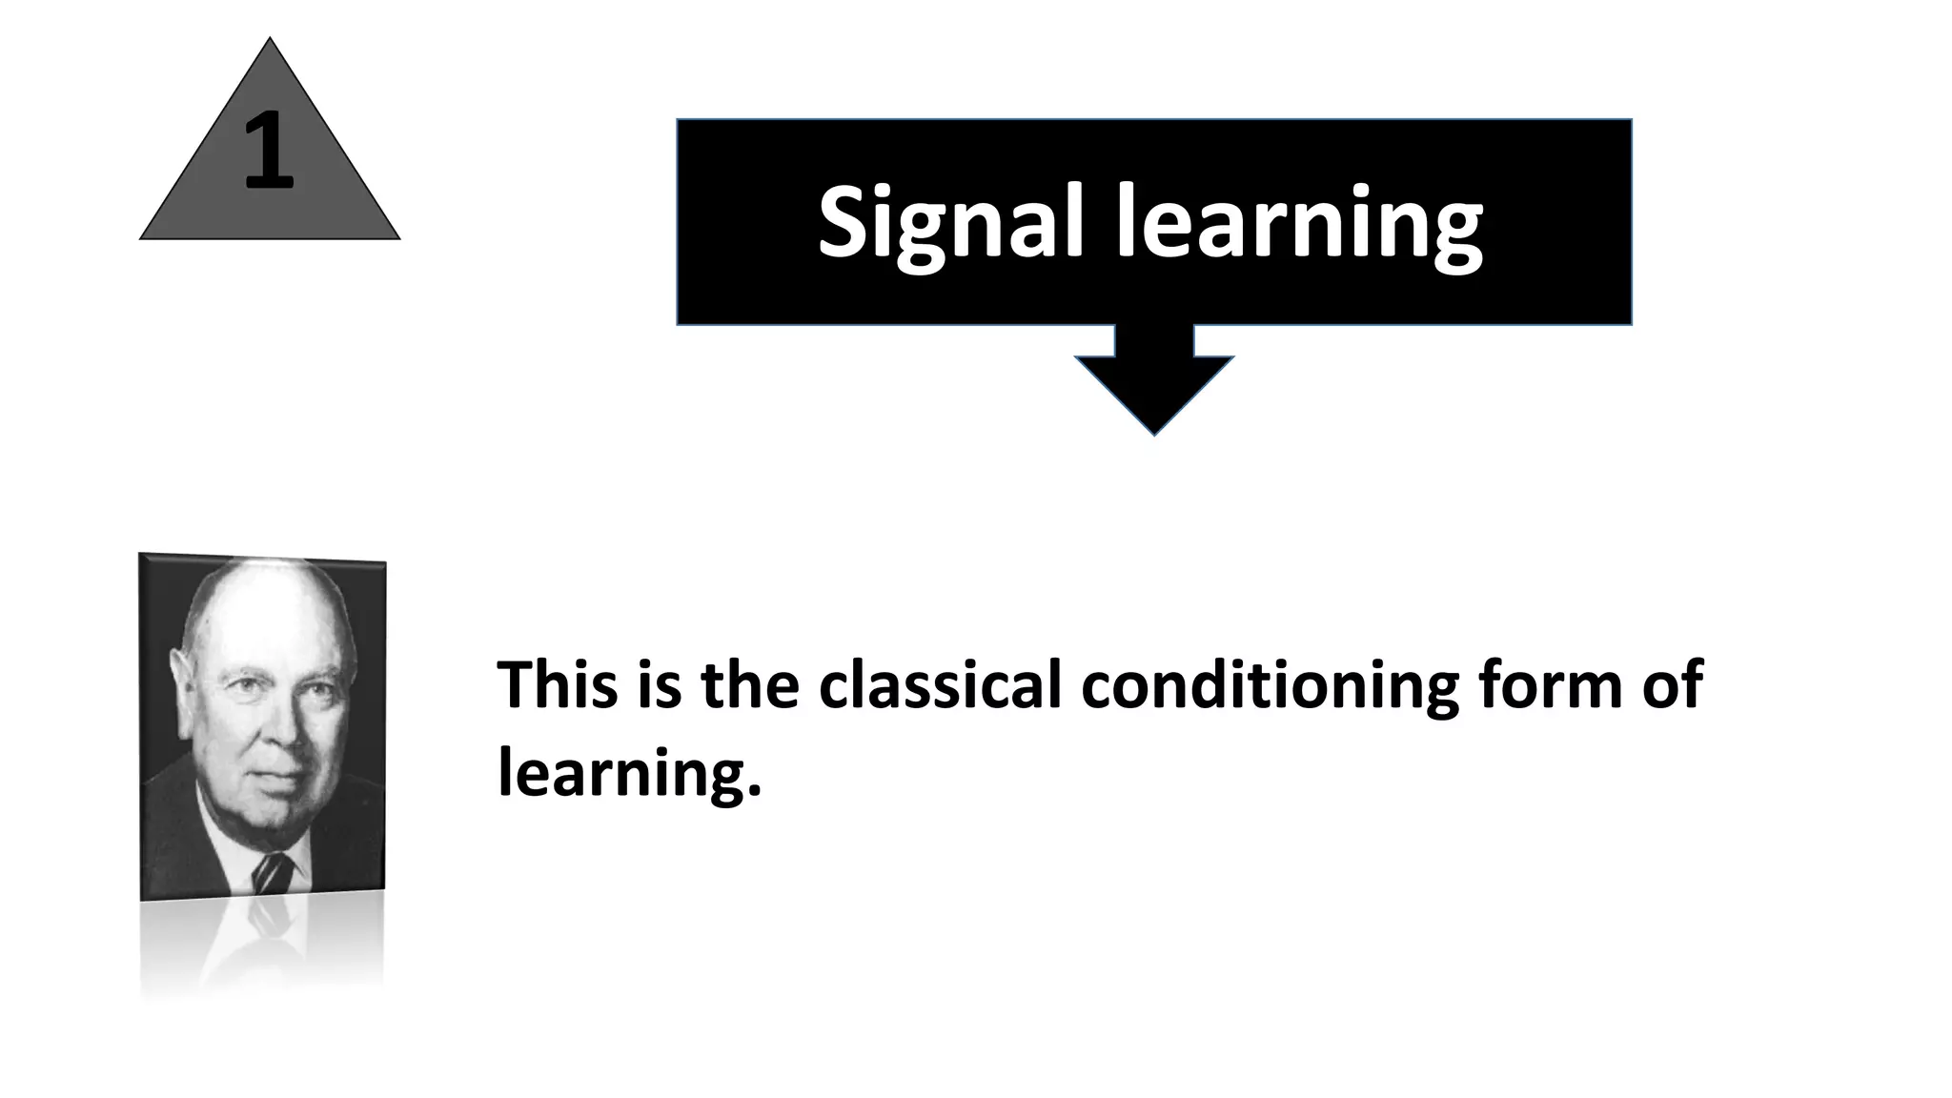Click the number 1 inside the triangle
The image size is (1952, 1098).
[x=268, y=150]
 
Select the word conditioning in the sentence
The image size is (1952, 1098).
[x=1269, y=686]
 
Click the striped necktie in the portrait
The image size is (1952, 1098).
[x=274, y=872]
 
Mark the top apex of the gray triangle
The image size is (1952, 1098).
[x=270, y=39]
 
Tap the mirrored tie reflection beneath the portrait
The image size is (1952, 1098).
[x=271, y=920]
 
